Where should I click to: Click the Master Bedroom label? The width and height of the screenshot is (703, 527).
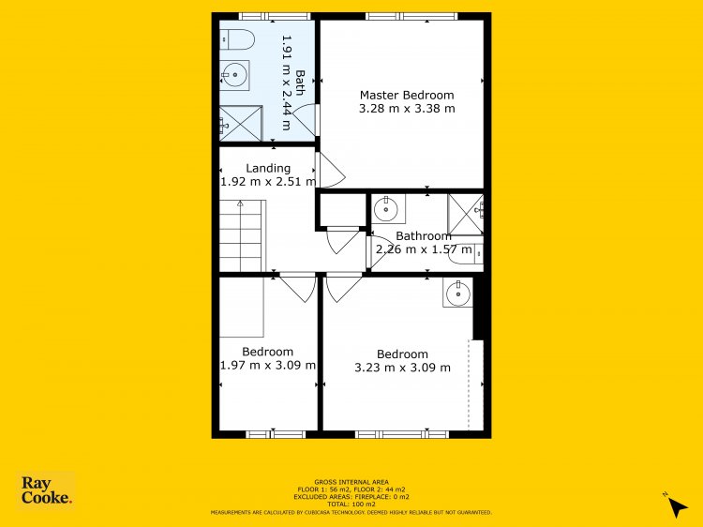click(x=407, y=95)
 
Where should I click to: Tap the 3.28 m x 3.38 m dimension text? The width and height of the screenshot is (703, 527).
click(x=407, y=109)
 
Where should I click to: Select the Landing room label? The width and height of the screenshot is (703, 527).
click(x=268, y=168)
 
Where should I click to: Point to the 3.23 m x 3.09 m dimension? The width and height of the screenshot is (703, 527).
click(x=403, y=368)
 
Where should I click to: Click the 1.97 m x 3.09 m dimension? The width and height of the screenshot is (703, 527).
click(x=268, y=365)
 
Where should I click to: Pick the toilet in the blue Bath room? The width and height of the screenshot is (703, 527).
click(x=237, y=39)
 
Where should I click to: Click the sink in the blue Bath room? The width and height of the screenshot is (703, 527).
click(x=234, y=75)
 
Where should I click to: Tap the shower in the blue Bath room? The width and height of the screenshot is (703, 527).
click(x=241, y=124)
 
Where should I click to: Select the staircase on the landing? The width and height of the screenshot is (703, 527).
click(x=243, y=236)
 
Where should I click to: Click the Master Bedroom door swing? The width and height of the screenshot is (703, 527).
click(x=331, y=170)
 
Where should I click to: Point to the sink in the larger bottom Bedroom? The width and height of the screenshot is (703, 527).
click(x=457, y=293)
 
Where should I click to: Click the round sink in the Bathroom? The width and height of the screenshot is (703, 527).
click(x=386, y=209)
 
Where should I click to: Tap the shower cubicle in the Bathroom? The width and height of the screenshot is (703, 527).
click(x=466, y=215)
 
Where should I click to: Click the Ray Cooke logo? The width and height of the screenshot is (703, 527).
click(x=46, y=490)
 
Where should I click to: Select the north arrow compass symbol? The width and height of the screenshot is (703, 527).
click(x=676, y=505)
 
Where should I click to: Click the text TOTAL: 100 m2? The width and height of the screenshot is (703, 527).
click(x=351, y=504)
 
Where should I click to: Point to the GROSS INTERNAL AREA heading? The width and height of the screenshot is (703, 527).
click(x=351, y=483)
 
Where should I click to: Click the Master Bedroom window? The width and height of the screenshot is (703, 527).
click(x=411, y=17)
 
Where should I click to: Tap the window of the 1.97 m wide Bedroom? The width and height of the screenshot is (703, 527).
click(x=276, y=434)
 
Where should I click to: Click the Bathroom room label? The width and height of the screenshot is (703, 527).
click(x=424, y=236)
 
